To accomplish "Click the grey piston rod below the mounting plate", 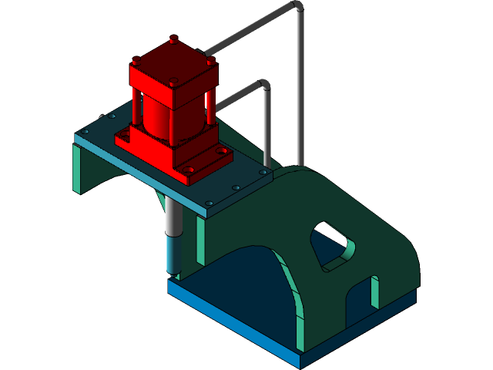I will (173, 216).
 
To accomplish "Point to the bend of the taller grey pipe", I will (297, 7).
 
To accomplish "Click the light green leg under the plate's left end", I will (77, 170).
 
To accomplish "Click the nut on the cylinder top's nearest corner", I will (173, 83).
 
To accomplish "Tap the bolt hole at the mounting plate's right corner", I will (263, 173).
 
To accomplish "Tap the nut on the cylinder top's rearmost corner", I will (173, 39).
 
